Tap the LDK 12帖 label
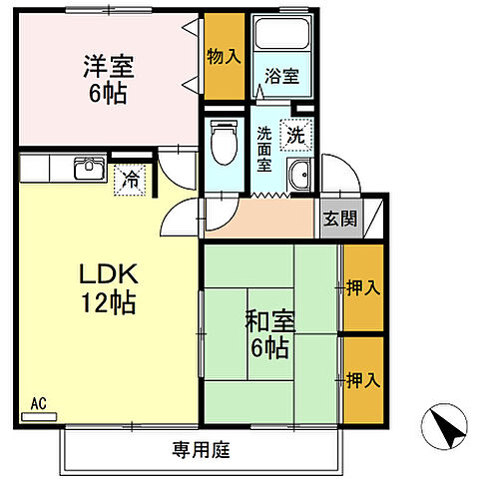(x=101, y=286)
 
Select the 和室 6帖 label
(x=268, y=335)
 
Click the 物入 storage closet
(x=224, y=57)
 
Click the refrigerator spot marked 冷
(x=131, y=181)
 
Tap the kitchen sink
(x=90, y=168)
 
